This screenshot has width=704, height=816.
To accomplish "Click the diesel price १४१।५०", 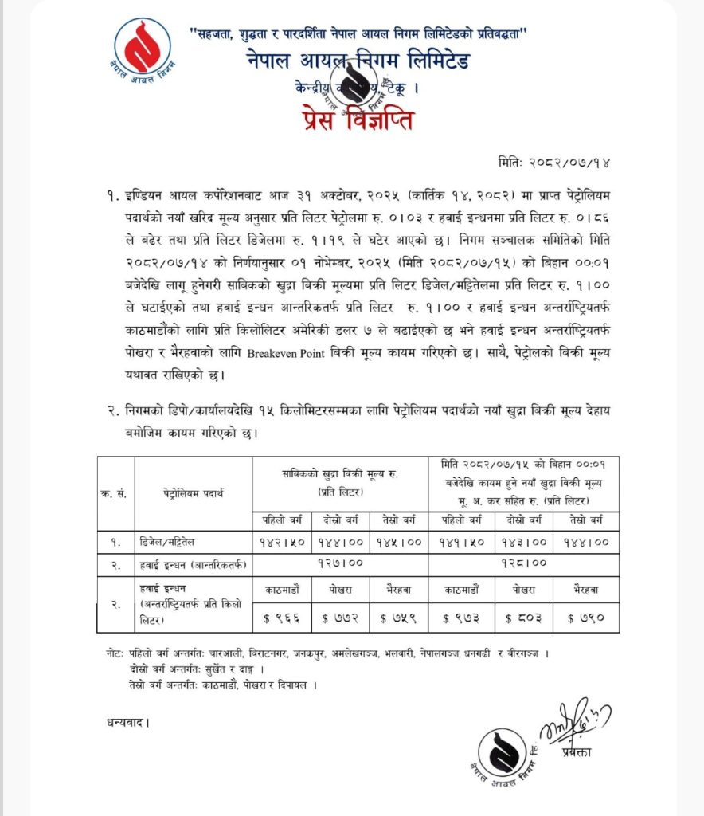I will coord(460,542).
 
